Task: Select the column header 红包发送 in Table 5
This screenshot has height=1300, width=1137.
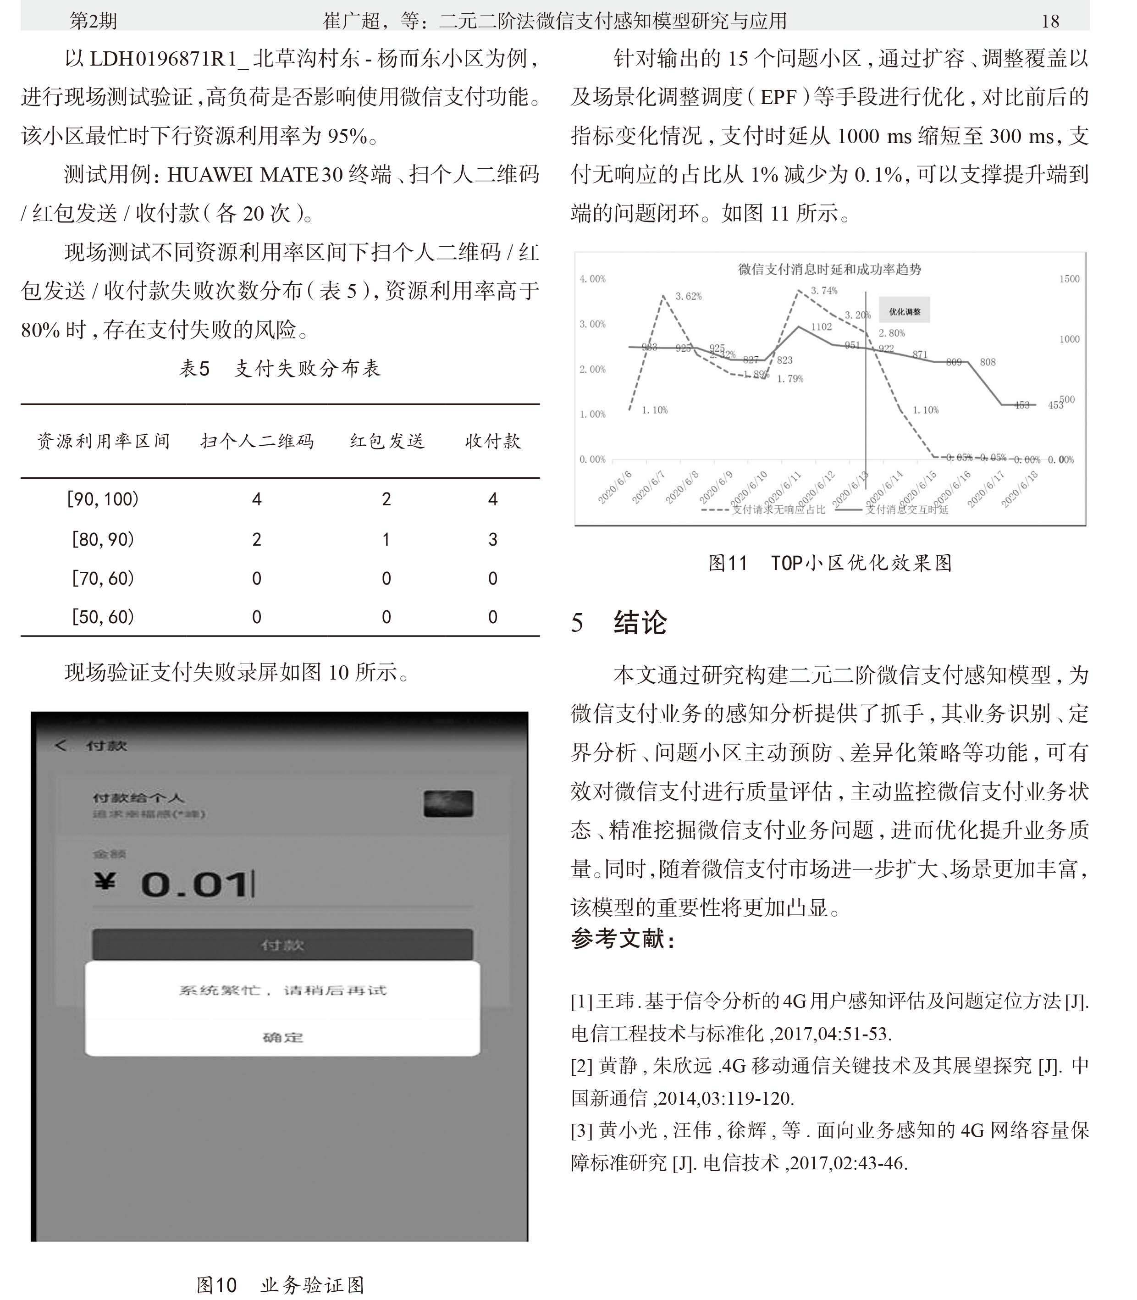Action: (x=386, y=442)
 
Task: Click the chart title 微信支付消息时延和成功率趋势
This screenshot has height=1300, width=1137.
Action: (x=829, y=270)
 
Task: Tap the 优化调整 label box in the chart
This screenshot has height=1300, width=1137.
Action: (x=904, y=311)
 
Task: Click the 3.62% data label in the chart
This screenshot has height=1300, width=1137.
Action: (x=689, y=296)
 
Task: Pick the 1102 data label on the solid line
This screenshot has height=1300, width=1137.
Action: (x=821, y=327)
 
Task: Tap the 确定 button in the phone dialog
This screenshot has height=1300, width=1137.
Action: (x=283, y=1037)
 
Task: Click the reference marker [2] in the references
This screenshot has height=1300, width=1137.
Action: (x=581, y=1066)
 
